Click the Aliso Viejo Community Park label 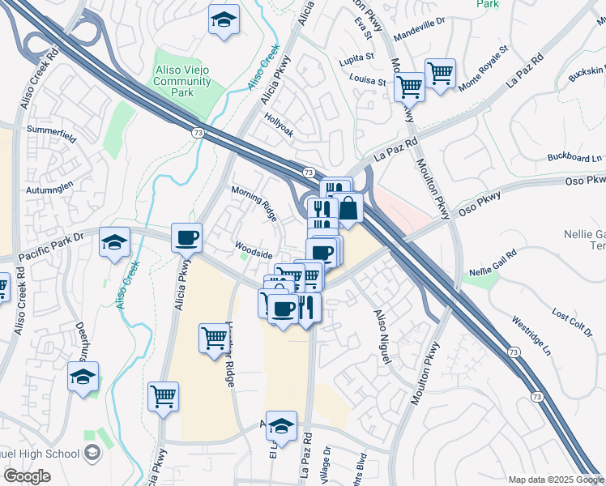coord(182,82)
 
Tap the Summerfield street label coord(50,130)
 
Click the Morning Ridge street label coord(254,203)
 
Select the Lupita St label coord(357,58)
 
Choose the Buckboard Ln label coord(575,157)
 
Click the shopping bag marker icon coord(348,208)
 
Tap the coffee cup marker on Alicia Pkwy coord(186,238)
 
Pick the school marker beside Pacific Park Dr coord(114,242)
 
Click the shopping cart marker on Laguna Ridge coord(215,338)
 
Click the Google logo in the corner coord(28,476)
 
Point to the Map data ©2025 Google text coord(555,479)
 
